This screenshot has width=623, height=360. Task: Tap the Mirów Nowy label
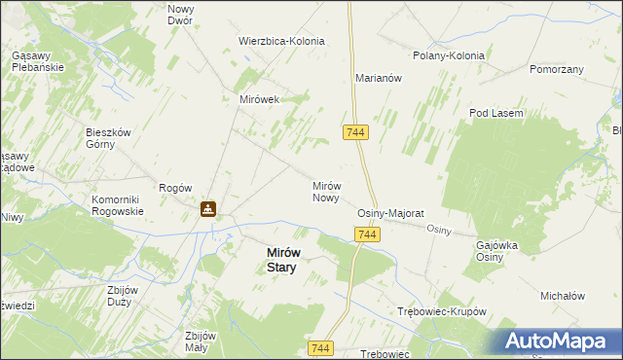(x=325, y=192)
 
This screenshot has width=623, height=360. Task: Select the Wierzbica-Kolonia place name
(x=281, y=42)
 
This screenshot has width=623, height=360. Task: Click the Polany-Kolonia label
(x=449, y=56)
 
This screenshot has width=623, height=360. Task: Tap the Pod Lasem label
(x=496, y=114)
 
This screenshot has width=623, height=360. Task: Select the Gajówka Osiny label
(x=496, y=251)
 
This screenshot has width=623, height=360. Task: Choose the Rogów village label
(x=175, y=188)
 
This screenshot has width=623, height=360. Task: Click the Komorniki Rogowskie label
(x=118, y=206)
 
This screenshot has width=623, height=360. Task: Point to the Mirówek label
(x=260, y=99)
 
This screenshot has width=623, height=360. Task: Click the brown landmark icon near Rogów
(x=208, y=208)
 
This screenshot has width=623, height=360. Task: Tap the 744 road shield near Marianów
(x=354, y=131)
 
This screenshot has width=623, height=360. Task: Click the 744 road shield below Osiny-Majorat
(x=367, y=235)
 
